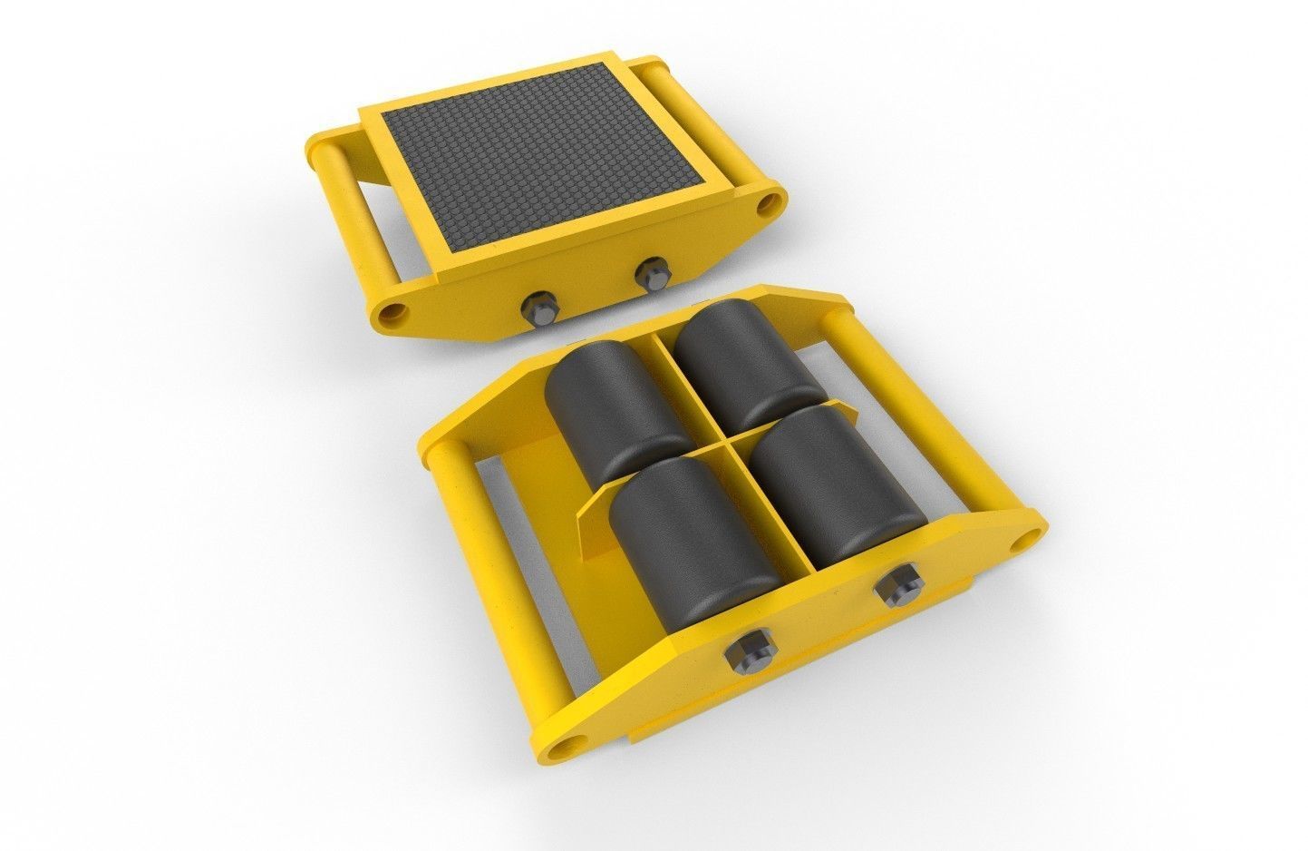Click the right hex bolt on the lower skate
click(896, 585)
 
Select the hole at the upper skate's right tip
click(772, 200)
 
